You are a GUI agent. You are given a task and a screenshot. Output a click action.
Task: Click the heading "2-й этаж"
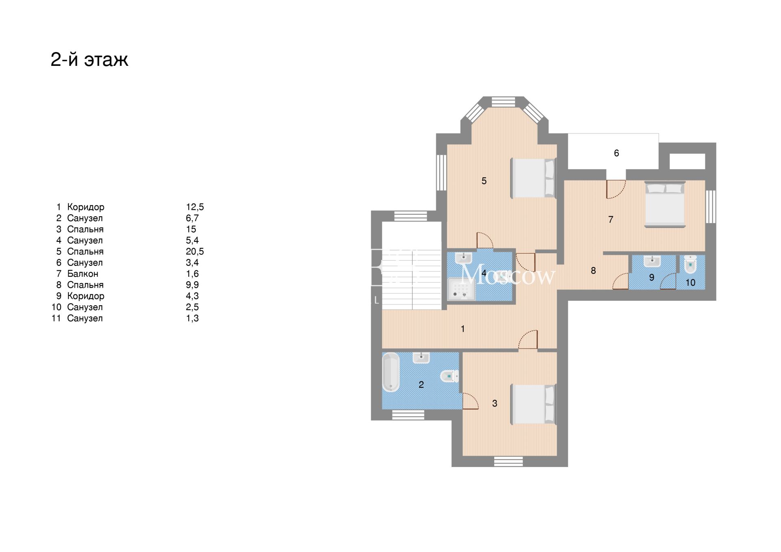point(89,60)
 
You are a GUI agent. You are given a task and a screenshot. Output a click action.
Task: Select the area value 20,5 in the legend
point(195,252)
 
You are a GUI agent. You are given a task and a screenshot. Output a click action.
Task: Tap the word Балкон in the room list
point(83,274)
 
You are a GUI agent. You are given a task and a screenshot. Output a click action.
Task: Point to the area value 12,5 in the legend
point(195,207)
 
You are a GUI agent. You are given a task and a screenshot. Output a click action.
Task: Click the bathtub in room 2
point(391,372)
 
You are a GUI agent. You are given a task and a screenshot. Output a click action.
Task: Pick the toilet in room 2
point(449,376)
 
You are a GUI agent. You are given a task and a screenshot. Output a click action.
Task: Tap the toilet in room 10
point(690,264)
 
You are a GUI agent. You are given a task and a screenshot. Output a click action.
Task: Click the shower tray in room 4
point(461,289)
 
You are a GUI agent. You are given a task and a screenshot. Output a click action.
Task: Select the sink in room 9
point(652,261)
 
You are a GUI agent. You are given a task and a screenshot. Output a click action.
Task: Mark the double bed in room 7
point(665,204)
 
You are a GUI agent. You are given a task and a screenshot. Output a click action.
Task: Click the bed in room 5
point(533,178)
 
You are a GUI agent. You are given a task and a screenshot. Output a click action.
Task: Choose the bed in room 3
point(533,404)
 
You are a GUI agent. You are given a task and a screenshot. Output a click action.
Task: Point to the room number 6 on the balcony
point(616,153)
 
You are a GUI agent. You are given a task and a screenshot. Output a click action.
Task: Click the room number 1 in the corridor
point(462,329)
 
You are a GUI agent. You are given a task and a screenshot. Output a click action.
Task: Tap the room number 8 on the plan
point(593,271)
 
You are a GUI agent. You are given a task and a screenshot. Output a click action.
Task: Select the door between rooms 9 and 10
point(668,281)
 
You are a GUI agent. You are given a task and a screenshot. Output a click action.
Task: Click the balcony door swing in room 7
point(615,189)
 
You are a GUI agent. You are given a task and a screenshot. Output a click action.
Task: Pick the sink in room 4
point(464,258)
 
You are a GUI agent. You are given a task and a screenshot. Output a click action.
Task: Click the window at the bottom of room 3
point(508,461)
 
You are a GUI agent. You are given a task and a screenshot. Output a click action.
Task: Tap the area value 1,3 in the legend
point(192,318)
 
